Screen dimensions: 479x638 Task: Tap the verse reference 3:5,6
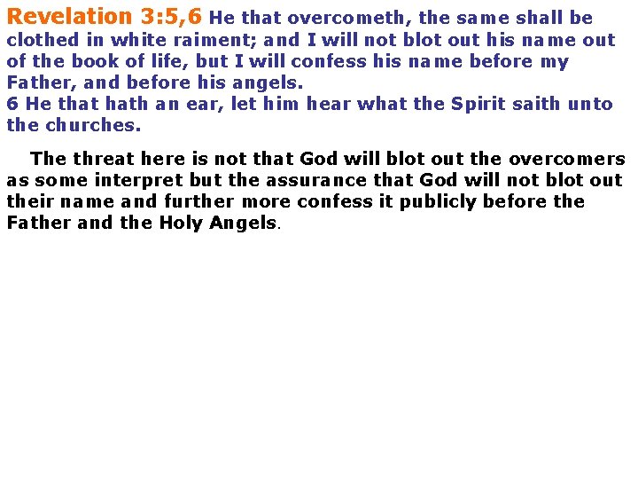tap(171, 16)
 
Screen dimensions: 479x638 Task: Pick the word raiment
tap(218, 41)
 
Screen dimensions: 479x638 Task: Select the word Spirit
tap(481, 104)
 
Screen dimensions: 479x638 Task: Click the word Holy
tap(182, 224)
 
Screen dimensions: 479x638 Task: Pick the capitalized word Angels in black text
tap(243, 224)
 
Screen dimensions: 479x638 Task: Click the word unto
tap(592, 104)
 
